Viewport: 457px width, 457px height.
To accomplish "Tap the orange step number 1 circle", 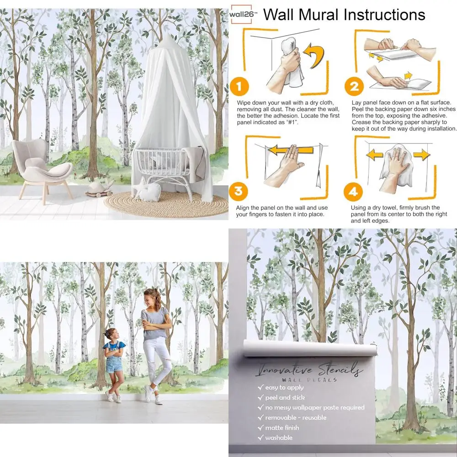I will (x=239, y=86).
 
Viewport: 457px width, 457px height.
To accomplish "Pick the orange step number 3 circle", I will (x=239, y=191).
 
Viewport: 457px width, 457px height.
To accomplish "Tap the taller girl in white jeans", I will (x=155, y=343).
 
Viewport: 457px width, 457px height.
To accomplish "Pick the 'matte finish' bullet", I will (x=282, y=428).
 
